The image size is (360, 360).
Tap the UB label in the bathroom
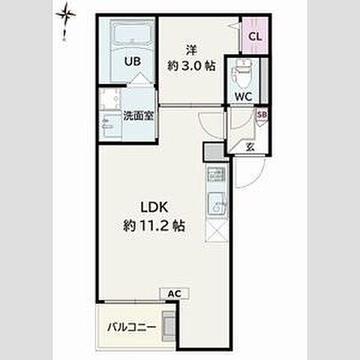133,61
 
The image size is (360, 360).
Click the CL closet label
255,37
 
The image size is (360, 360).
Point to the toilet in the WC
241,74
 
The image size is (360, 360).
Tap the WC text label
243,97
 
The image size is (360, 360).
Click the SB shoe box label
262,115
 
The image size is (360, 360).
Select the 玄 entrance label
250,146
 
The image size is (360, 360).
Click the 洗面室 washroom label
138,115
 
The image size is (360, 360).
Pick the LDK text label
154,208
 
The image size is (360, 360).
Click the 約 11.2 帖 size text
154,226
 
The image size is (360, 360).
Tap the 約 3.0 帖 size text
191,66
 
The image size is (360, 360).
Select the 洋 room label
191,50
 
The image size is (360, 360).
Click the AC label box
175,293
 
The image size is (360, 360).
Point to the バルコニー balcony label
131,327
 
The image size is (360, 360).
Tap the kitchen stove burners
216,174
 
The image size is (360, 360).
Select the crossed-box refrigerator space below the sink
217,231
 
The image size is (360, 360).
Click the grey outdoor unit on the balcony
168,326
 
